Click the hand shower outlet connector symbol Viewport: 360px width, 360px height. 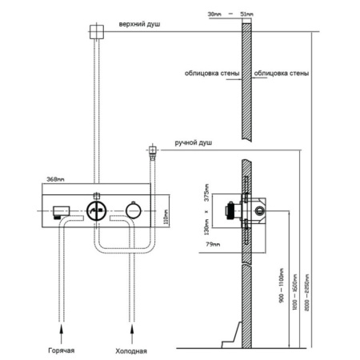[151, 150]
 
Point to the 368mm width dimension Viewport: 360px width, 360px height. [55, 178]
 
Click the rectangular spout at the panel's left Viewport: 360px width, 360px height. [58, 214]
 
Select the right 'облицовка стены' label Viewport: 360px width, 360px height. [282, 74]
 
